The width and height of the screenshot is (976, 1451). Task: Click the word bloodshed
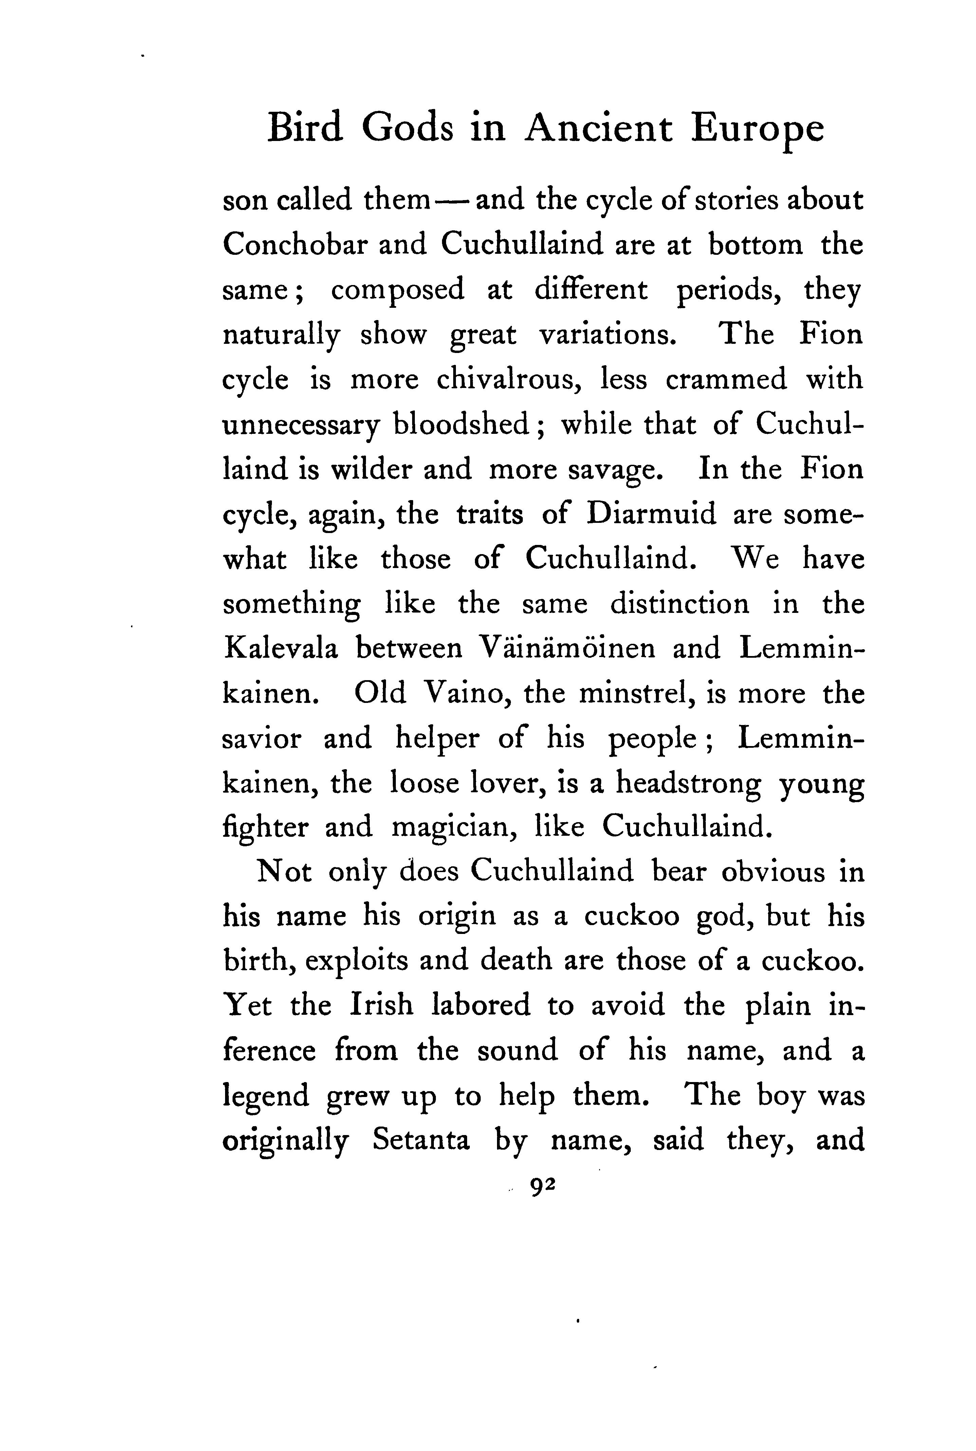click(x=461, y=425)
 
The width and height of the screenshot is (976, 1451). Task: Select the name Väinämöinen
click(x=567, y=648)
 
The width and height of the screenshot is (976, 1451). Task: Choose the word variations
click(x=607, y=335)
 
